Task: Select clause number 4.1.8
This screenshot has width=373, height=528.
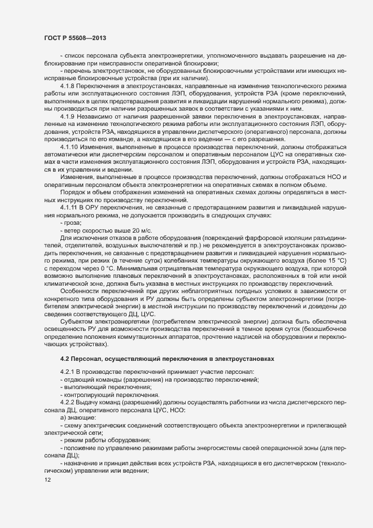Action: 68,85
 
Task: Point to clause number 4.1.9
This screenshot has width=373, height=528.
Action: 68,116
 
